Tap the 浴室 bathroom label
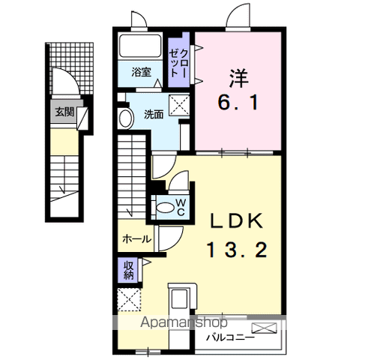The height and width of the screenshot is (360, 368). (141, 73)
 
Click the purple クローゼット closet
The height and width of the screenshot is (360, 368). (178, 62)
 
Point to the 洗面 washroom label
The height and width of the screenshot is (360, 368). (153, 115)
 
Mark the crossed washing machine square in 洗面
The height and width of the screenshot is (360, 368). (178, 106)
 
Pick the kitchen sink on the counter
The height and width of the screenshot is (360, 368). (180, 300)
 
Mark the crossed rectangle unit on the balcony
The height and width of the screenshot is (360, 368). (265, 328)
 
